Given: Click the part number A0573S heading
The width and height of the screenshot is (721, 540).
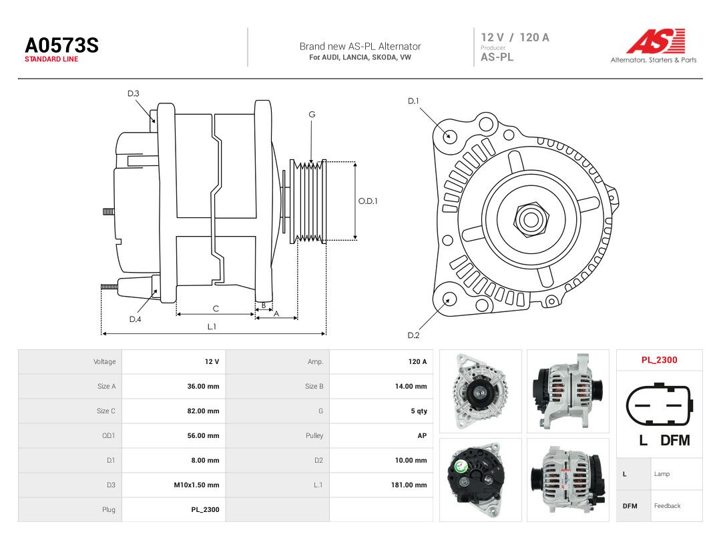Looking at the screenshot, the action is click(x=61, y=45).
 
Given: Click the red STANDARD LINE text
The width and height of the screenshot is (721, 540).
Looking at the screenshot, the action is click(x=51, y=59).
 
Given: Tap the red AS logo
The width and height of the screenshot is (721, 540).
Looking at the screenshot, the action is click(x=656, y=41).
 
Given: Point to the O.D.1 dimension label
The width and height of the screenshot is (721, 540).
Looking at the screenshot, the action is click(x=368, y=201).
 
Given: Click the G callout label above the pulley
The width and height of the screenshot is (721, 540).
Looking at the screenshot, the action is click(x=312, y=115).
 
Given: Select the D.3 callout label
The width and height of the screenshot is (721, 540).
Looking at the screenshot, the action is click(x=134, y=94).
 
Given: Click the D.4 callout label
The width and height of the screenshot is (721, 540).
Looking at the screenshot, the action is click(x=135, y=319).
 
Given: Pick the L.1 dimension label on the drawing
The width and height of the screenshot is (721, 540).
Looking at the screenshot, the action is click(x=212, y=327).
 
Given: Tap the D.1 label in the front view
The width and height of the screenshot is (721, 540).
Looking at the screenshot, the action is click(x=413, y=101).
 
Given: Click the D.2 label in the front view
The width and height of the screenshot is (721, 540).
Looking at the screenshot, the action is click(x=413, y=335).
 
